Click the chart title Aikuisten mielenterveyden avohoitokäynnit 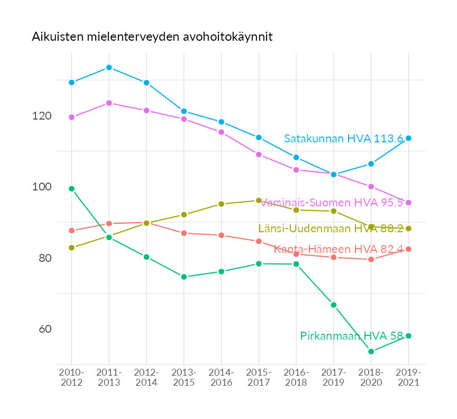152,37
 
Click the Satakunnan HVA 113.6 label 343,139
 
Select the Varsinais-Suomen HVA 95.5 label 332,203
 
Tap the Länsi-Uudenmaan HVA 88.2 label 331,229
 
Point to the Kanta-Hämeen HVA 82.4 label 339,249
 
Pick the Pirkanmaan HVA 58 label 351,336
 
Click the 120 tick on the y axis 42,116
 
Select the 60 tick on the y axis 45,329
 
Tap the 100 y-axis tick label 42,187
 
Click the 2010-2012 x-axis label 71,378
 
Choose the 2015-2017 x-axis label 259,378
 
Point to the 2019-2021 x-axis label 408,378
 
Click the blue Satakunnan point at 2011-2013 109,68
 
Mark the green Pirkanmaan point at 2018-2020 371,351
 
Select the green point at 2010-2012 71,189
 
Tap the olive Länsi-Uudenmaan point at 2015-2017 259,201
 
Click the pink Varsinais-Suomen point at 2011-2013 109,103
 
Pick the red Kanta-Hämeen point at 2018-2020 371,259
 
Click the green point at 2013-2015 184,277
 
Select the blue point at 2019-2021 408,138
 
